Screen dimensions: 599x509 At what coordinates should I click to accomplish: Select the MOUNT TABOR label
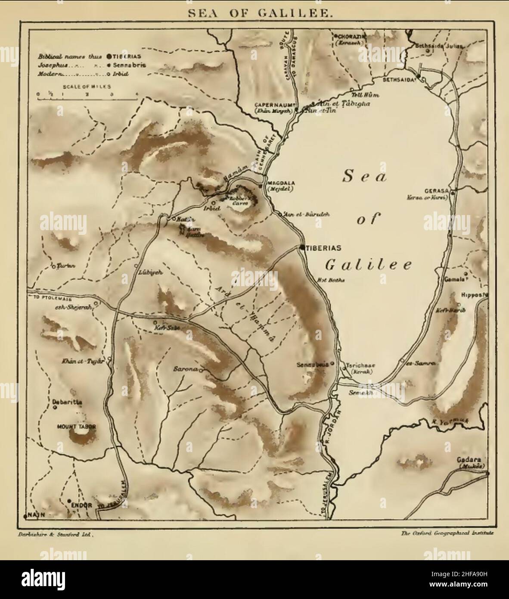click(76, 427)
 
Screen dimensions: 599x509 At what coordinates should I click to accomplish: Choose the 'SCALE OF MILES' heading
click(87, 87)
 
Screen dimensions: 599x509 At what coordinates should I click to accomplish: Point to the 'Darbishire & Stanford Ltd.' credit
click(54, 533)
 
